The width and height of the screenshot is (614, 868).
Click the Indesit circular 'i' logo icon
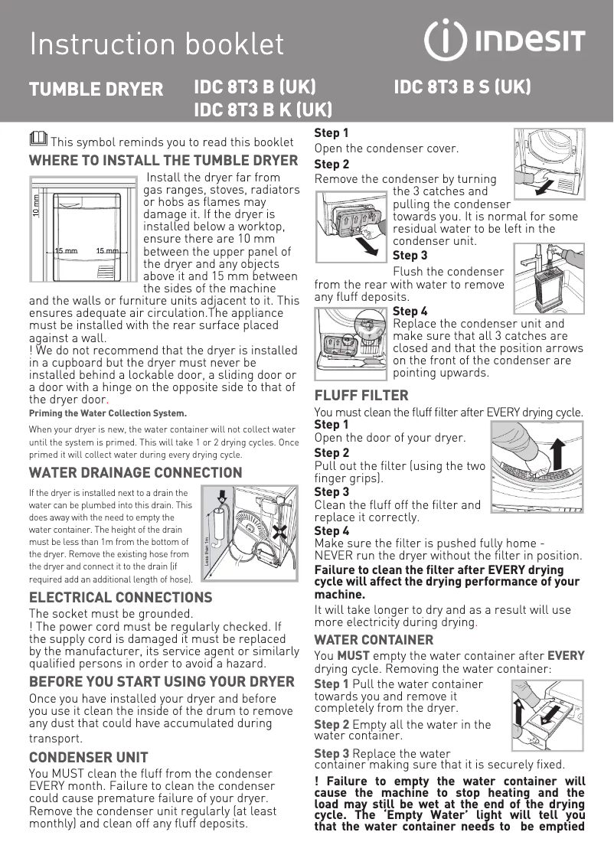[446, 41]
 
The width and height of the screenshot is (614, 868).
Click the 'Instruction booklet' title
[157, 44]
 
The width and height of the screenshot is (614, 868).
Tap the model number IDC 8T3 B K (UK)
[263, 109]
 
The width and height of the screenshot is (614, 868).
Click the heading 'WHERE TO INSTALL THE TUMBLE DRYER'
[163, 161]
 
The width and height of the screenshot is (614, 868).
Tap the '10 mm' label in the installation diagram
[35, 207]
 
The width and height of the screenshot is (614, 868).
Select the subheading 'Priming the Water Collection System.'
[107, 413]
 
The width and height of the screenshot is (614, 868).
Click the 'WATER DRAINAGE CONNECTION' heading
[136, 472]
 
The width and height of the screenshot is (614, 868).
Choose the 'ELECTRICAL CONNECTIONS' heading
[120, 597]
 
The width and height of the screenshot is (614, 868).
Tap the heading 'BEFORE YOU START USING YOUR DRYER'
[162, 682]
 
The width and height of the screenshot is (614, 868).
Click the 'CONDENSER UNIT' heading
[88, 758]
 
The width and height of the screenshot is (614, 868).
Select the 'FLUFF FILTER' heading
[361, 396]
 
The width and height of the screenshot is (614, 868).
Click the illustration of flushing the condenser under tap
[548, 273]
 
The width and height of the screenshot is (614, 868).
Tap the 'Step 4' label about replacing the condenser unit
[410, 311]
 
